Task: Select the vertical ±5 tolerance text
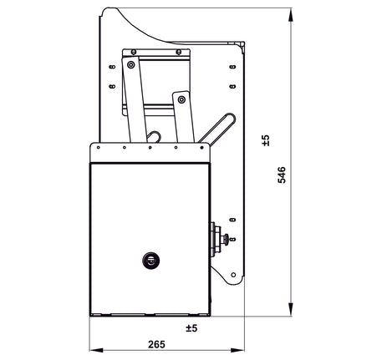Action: point(266,140)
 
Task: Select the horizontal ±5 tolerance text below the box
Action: point(190,327)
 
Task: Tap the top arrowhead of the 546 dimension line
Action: point(291,14)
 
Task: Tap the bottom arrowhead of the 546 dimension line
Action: point(291,309)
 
